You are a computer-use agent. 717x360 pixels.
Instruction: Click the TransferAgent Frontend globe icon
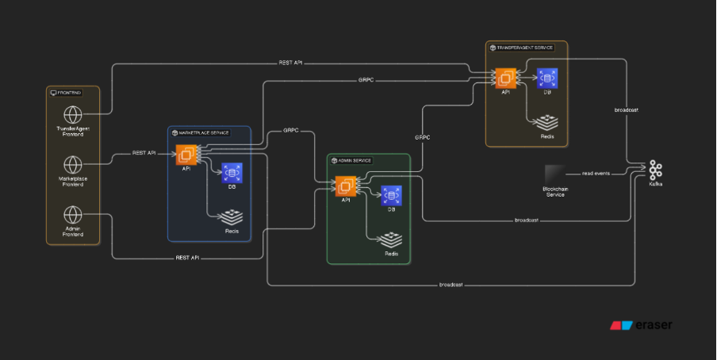tap(73, 114)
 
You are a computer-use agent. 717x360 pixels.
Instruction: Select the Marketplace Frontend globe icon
tap(73, 165)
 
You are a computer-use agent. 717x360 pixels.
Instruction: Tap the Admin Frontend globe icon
tap(73, 215)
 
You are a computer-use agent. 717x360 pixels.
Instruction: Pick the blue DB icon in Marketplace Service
tap(232, 172)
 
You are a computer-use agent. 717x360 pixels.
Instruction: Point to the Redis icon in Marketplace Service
tap(232, 216)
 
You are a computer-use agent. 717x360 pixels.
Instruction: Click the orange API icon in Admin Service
tap(346, 186)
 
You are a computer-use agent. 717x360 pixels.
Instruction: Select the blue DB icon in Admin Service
tap(391, 195)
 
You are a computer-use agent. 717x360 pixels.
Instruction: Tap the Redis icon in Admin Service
tap(391, 239)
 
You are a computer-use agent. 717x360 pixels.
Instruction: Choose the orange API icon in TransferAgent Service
tap(505, 78)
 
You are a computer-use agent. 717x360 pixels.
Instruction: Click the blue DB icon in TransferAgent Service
tap(547, 78)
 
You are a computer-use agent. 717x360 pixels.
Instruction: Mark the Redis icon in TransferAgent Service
tap(547, 122)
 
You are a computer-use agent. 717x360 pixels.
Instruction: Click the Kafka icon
tap(655, 170)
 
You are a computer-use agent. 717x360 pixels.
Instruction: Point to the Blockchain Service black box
tap(554, 174)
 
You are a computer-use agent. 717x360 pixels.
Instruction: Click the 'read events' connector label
tap(596, 172)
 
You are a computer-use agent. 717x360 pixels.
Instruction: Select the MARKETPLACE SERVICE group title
tap(205, 132)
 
